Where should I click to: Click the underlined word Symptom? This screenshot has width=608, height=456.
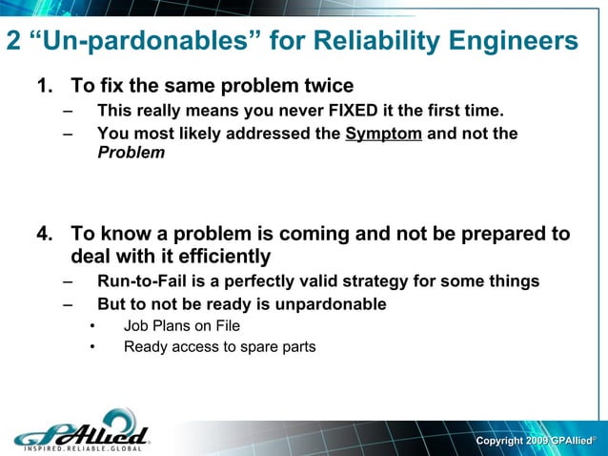383,134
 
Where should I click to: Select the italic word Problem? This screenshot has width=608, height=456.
131,153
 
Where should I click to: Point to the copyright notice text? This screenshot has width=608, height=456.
537,441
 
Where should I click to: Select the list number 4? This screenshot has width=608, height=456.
43,234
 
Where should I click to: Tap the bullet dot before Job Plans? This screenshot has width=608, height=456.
92,326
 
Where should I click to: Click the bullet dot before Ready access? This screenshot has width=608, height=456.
92,347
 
